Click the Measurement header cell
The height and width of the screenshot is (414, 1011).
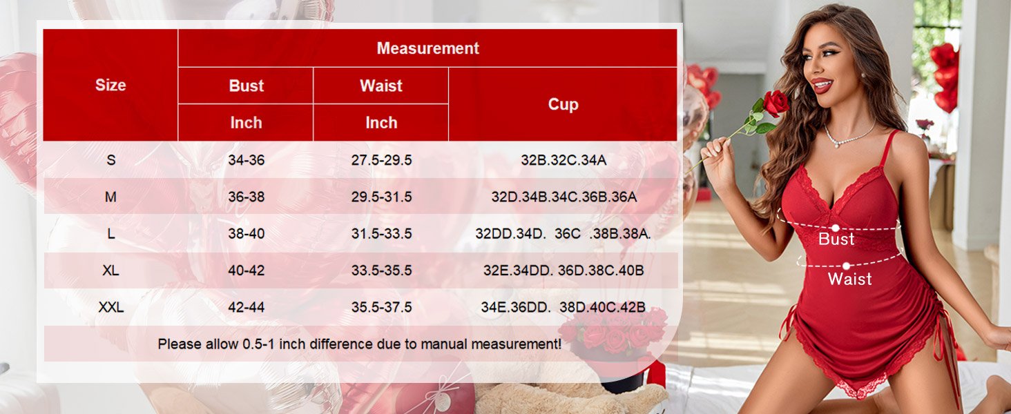pyautogui.click(x=427, y=48)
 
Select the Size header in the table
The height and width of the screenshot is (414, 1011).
pyautogui.click(x=110, y=85)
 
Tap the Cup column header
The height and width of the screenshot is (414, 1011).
pyautogui.click(x=563, y=104)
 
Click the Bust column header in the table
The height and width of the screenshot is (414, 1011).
pyautogui.click(x=246, y=86)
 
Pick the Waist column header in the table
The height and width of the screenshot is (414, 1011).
pyautogui.click(x=381, y=86)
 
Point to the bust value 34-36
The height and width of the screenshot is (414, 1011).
pyautogui.click(x=246, y=160)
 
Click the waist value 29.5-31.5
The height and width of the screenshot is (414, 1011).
pyautogui.click(x=381, y=197)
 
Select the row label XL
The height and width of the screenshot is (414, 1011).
pyautogui.click(x=110, y=270)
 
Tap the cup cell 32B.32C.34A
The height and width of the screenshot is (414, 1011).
pyautogui.click(x=564, y=160)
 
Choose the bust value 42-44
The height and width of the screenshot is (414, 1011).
pyautogui.click(x=246, y=307)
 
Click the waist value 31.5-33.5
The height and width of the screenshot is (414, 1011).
pyautogui.click(x=381, y=234)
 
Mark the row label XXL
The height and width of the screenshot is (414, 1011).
pyautogui.click(x=110, y=307)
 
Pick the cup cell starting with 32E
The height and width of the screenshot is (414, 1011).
pyautogui.click(x=564, y=270)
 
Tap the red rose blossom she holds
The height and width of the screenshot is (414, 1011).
pyautogui.click(x=776, y=103)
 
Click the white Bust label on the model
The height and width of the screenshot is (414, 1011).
pyautogui.click(x=836, y=239)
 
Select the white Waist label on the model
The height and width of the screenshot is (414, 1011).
pyautogui.click(x=849, y=279)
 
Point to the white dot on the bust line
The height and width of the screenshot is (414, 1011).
pyautogui.click(x=836, y=228)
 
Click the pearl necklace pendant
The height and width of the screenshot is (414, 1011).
pyautogui.click(x=837, y=145)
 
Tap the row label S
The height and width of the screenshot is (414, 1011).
pyautogui.click(x=110, y=160)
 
